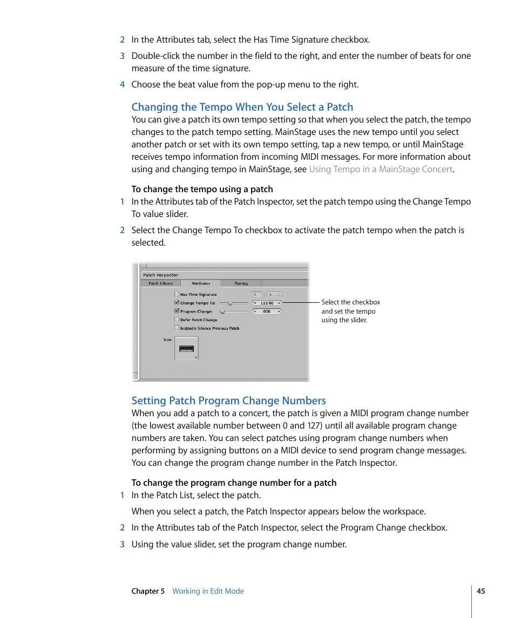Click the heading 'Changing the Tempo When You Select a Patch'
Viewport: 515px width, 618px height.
[x=242, y=107]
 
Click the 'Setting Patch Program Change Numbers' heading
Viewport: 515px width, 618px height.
[x=228, y=400]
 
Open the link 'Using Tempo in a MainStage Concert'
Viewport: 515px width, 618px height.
[x=381, y=169]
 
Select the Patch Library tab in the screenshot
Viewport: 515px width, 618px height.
[x=161, y=283]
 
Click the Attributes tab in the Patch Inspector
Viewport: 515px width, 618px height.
[x=201, y=283]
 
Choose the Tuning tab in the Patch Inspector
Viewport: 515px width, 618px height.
[x=241, y=283]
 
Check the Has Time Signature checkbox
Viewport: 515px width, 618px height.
[x=177, y=294]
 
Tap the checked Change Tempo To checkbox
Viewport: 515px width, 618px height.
[x=177, y=303]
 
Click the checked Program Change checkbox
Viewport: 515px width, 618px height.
[x=177, y=311]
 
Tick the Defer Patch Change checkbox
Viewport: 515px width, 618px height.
[x=177, y=320]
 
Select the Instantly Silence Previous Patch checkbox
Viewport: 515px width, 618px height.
[x=177, y=328]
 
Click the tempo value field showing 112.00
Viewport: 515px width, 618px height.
[x=267, y=303]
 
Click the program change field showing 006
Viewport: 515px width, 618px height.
[x=267, y=311]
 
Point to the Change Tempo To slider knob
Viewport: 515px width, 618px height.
[x=231, y=303]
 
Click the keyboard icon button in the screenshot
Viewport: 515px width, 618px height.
[x=186, y=349]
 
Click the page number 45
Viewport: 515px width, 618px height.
[x=480, y=591]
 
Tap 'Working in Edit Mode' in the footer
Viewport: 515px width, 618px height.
[x=208, y=591]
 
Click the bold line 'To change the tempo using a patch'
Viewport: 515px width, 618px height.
[x=202, y=189]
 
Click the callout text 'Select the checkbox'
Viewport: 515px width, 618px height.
[x=350, y=302]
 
